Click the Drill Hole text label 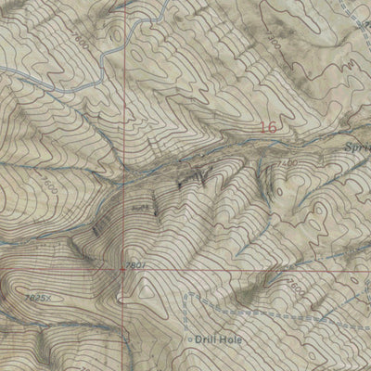point(221,339)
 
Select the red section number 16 point(268,128)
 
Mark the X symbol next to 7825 point(50,298)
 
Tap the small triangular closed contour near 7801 point(147,288)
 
